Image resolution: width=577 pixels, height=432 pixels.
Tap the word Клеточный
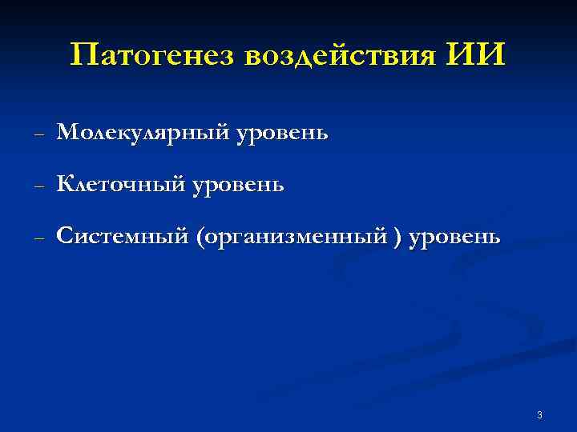pyautogui.click(x=119, y=184)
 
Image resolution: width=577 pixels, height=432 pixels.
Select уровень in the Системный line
pyautogui.click(x=454, y=238)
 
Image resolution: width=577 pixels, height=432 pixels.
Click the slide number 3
pyautogui.click(x=539, y=414)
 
